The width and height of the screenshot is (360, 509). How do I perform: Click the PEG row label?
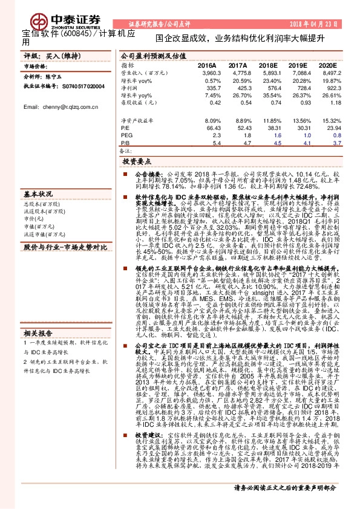(x=125, y=136)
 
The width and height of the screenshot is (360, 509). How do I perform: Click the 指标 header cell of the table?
(x=126, y=65)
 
